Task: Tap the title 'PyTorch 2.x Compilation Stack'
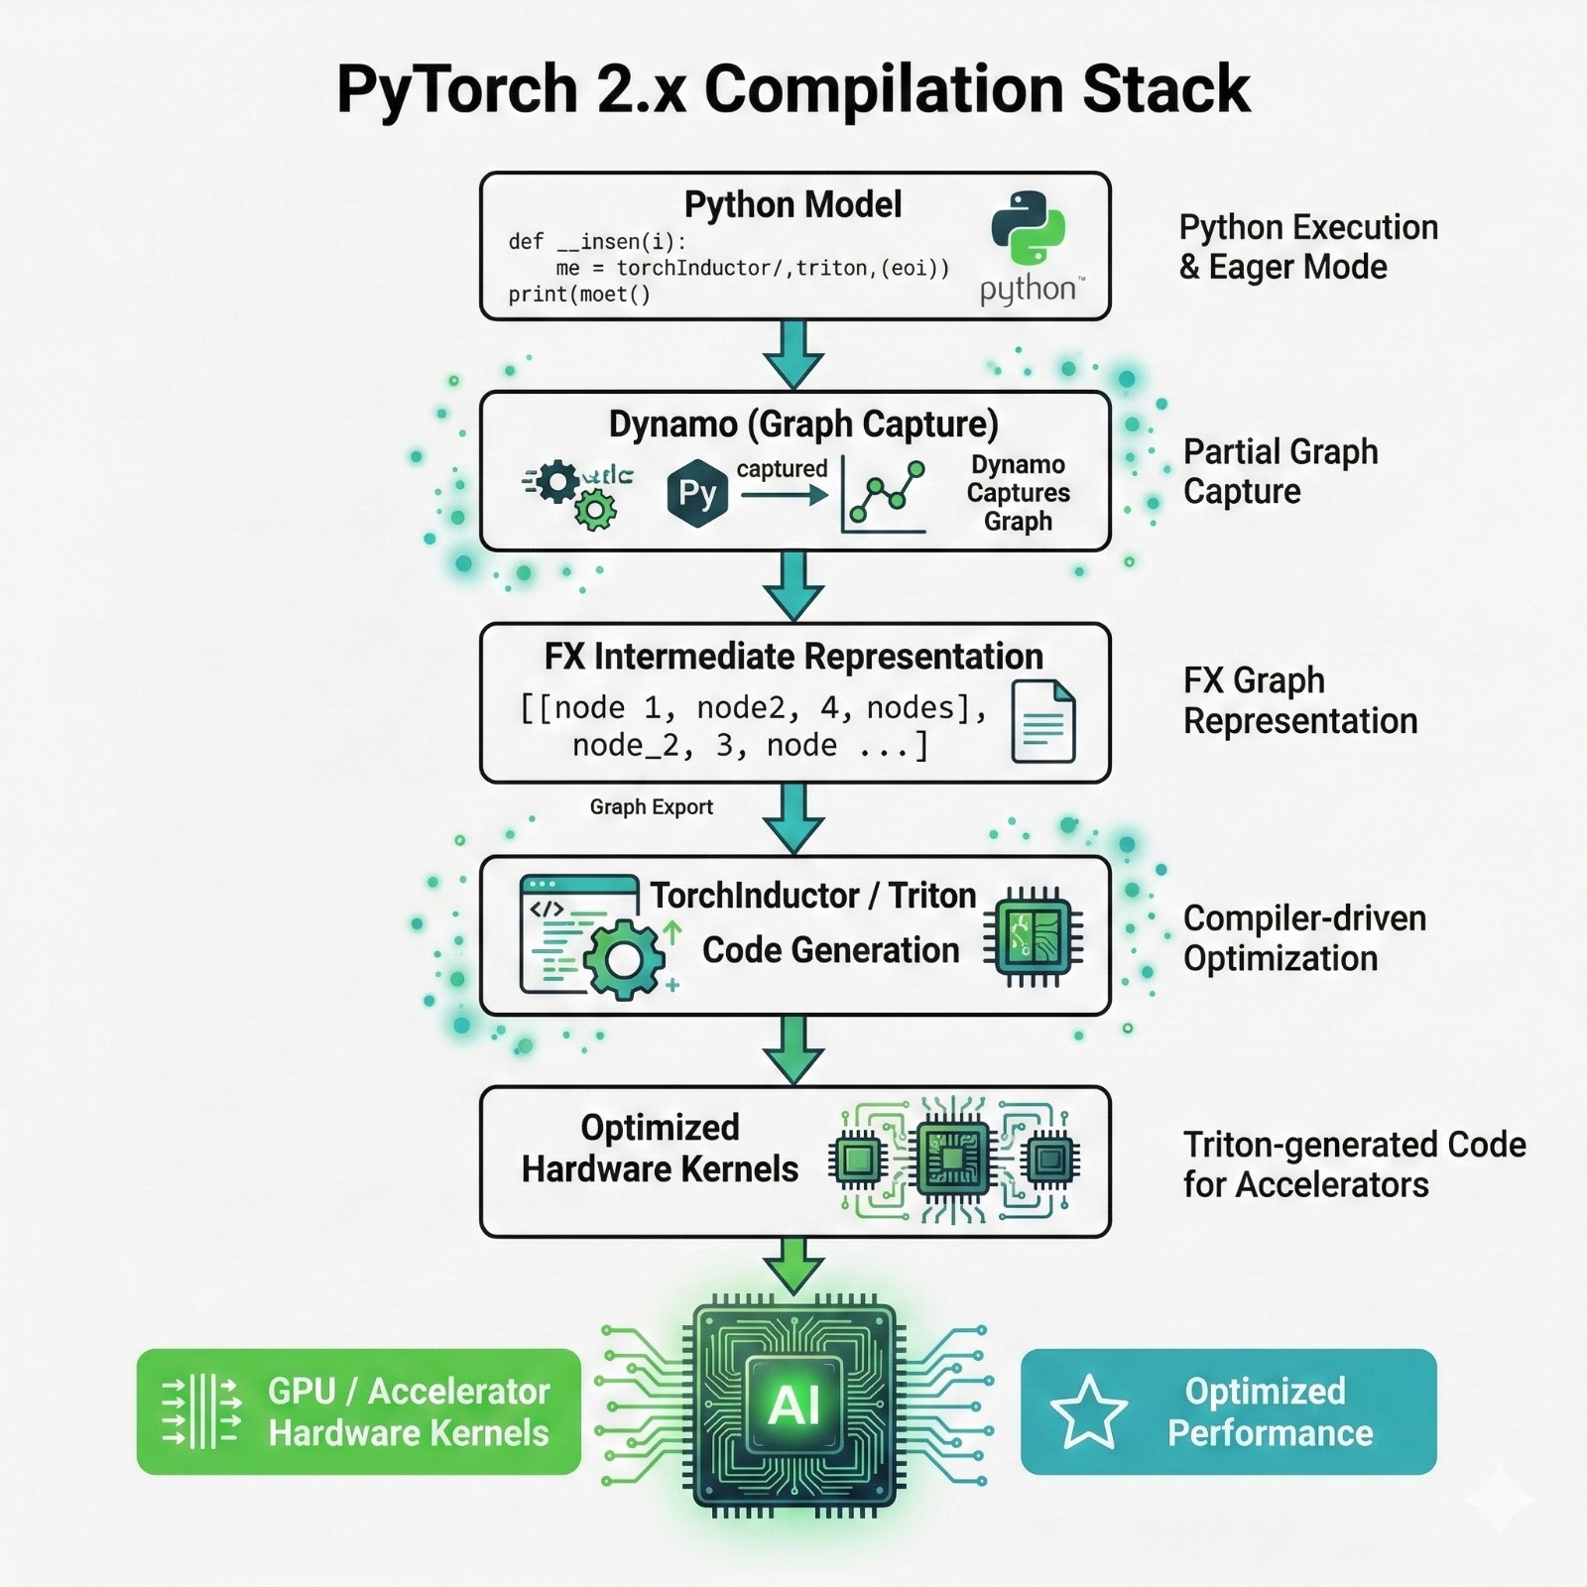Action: point(793,89)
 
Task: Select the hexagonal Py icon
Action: point(697,493)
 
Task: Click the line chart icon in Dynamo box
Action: point(884,495)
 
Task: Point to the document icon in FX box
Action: point(1042,722)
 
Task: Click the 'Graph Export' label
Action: point(651,807)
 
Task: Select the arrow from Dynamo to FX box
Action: point(793,585)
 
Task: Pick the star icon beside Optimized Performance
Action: point(1088,1411)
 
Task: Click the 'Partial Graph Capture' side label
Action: point(1280,471)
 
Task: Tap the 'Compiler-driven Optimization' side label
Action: point(1303,938)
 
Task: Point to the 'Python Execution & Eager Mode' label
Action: point(1307,247)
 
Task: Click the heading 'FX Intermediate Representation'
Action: point(793,657)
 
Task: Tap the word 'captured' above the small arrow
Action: point(782,469)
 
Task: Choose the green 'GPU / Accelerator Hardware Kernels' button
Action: point(358,1411)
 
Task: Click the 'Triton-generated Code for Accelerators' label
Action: point(1353,1164)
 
